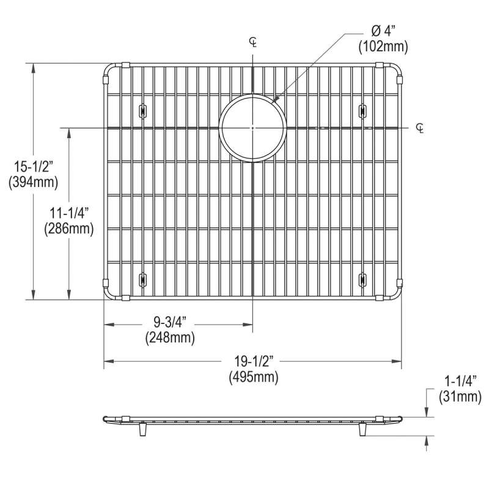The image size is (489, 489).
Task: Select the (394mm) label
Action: (x=34, y=182)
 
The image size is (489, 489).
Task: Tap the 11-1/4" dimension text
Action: (x=69, y=213)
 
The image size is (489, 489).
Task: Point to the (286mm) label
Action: (x=69, y=229)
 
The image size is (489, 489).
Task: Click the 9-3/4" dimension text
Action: (x=170, y=322)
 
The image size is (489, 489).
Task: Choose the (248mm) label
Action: (x=170, y=337)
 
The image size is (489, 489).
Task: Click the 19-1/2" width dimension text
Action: (x=254, y=361)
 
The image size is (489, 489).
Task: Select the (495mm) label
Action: (x=254, y=377)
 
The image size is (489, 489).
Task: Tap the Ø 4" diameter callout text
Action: (x=383, y=31)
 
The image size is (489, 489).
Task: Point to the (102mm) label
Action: (x=383, y=47)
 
